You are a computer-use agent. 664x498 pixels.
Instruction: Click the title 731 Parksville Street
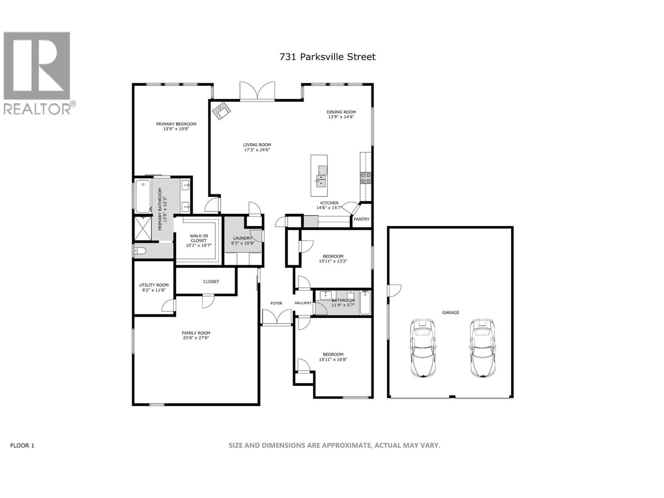tap(327, 57)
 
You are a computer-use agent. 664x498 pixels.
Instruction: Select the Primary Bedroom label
tap(176, 124)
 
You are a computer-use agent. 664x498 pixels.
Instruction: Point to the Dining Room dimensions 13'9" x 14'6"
tap(341, 117)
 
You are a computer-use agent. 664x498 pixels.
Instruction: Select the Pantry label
tap(361, 219)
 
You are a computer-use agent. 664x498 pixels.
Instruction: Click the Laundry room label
tap(242, 238)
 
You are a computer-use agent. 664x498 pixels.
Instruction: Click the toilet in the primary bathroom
tap(141, 251)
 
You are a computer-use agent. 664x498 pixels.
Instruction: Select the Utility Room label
tap(154, 285)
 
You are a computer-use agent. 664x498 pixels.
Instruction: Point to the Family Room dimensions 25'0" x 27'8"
tap(196, 338)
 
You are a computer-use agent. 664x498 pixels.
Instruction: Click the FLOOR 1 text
tap(22, 445)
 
